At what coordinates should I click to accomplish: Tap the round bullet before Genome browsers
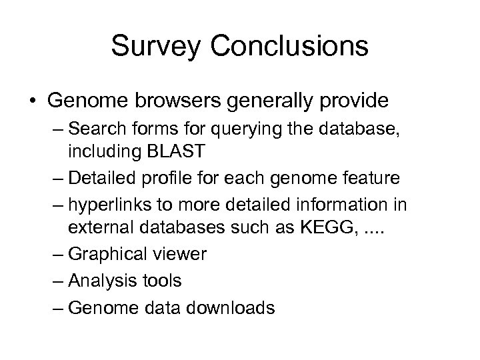31,101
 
